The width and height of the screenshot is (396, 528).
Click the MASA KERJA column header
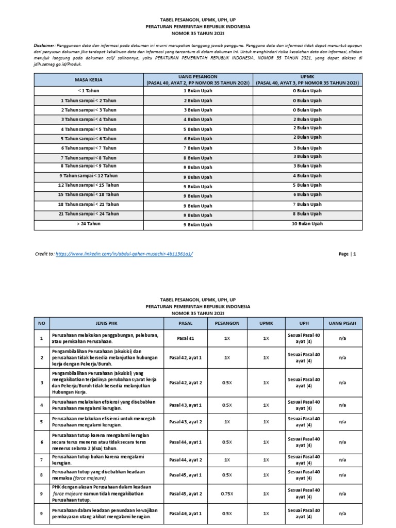89,80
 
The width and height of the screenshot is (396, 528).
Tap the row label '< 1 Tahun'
89,91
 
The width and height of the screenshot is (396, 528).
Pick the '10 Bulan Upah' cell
307,224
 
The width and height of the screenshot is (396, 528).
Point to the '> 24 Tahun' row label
89,224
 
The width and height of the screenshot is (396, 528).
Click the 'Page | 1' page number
347,254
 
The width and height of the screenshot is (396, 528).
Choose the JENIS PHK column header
106,323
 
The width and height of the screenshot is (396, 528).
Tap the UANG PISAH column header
342,323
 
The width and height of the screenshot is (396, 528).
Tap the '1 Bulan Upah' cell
199,91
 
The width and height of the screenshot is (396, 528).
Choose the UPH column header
304,323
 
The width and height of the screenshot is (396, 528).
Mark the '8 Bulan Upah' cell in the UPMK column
307,213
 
